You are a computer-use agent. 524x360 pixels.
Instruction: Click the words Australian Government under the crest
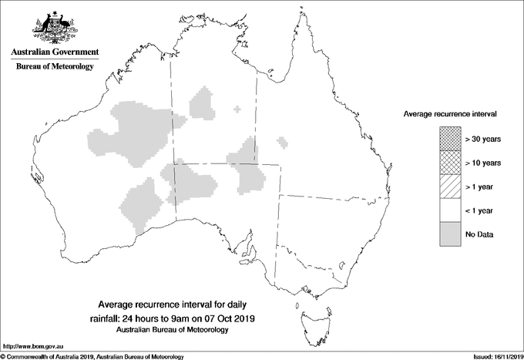pyautogui.click(x=54, y=52)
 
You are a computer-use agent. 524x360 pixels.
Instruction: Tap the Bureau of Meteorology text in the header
pyautogui.click(x=54, y=67)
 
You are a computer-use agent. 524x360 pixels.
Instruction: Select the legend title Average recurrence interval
pyautogui.click(x=450, y=114)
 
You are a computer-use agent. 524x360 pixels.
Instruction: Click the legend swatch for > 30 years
pyautogui.click(x=450, y=139)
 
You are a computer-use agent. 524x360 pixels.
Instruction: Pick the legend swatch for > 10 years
pyautogui.click(x=450, y=163)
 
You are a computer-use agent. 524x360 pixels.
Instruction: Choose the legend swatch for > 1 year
pyautogui.click(x=450, y=187)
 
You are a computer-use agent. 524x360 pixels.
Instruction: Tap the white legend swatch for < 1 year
pyautogui.click(x=450, y=210)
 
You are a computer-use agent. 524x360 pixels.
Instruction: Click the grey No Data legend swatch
pyautogui.click(x=450, y=234)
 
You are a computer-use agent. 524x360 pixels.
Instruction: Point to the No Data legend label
pyautogui.click(x=479, y=234)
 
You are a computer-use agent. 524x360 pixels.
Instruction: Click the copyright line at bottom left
pyautogui.click(x=92, y=355)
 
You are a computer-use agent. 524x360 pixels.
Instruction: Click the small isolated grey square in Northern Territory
pyautogui.click(x=237, y=109)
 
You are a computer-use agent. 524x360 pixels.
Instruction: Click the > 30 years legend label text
pyautogui.click(x=483, y=139)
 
